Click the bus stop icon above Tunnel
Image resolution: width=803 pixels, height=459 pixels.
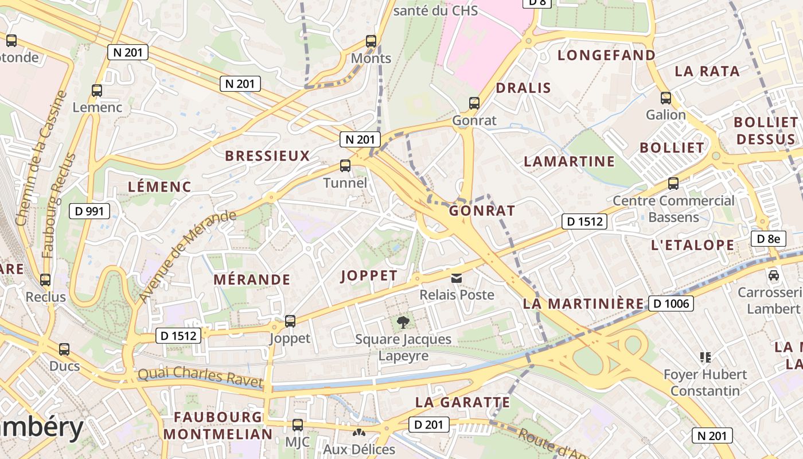(345, 166)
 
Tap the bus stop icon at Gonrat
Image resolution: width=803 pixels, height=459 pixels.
(474, 103)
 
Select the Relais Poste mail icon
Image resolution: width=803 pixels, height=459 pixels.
(457, 278)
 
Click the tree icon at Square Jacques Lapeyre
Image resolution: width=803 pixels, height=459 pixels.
(403, 322)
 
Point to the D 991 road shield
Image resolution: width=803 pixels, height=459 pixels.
(90, 211)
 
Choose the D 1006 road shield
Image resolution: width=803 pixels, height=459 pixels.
(671, 303)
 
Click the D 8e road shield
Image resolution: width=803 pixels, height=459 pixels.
(768, 239)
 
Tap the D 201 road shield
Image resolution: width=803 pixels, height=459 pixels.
(428, 425)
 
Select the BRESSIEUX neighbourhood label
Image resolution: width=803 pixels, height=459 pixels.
(267, 156)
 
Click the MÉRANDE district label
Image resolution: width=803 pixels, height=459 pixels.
(252, 280)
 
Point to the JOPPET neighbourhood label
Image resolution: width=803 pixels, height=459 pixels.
(369, 276)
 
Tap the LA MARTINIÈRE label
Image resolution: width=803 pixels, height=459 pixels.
(583, 304)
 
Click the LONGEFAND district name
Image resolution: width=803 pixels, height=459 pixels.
(607, 56)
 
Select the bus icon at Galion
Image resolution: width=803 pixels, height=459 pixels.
(666, 98)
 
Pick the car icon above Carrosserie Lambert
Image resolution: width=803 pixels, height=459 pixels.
(774, 275)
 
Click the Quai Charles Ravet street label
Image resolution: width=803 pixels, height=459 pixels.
(201, 377)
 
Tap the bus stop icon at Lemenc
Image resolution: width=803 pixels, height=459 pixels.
(97, 91)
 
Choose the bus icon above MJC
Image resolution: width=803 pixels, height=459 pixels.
(298, 425)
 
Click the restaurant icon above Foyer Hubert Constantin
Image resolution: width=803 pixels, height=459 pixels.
(705, 358)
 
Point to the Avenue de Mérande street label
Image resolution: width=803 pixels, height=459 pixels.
(187, 256)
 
